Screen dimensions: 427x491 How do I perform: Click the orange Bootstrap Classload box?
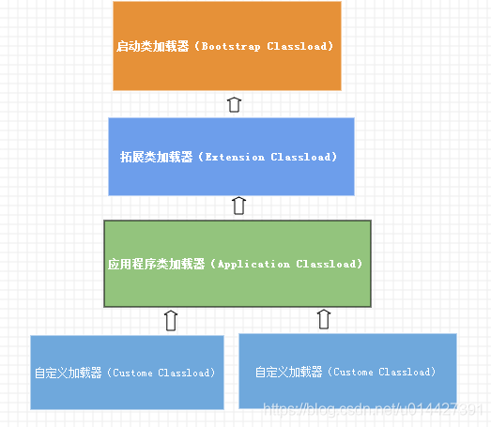[226, 46]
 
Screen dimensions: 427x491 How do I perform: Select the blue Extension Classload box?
[231, 156]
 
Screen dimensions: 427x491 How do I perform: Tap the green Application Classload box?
[238, 264]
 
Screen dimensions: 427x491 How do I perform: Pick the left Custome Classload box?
[127, 373]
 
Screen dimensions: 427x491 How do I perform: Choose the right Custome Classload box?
[347, 371]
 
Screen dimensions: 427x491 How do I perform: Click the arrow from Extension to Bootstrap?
[235, 103]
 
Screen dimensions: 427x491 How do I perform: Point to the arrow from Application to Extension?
[238, 206]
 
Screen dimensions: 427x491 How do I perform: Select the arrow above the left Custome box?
[170, 320]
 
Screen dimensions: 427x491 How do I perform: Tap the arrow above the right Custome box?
[324, 319]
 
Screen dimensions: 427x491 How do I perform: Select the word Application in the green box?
[253, 265]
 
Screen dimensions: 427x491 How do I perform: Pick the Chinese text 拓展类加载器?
[156, 157]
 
